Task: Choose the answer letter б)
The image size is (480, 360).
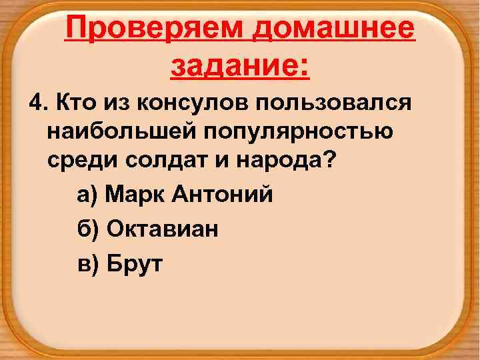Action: [88, 229]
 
